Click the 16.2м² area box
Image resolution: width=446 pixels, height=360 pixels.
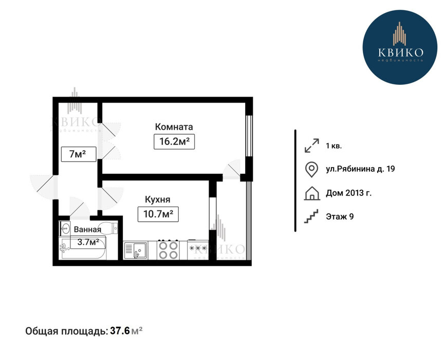pos(174,141)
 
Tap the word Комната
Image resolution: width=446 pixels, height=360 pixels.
pos(174,127)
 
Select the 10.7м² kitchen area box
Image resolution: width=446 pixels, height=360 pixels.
pos(158,214)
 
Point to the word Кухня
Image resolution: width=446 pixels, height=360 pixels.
pos(158,200)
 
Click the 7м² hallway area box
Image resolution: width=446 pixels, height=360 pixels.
pos(79,154)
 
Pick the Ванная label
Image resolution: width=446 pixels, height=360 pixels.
pos(87,229)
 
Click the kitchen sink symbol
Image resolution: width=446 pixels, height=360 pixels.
pos(136,251)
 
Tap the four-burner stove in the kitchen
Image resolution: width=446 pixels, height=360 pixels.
pos(169,250)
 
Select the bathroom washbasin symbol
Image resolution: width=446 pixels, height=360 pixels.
pos(65,228)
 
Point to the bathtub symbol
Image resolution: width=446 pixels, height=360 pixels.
pos(83,247)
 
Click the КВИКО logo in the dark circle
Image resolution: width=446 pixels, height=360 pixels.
pos(400,47)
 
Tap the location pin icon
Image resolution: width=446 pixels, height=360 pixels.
pos(311,170)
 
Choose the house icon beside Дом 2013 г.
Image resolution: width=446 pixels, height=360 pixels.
pos(312,193)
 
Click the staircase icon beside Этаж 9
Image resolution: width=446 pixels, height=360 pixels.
pos(311,217)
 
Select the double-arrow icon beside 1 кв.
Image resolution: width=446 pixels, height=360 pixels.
pos(312,146)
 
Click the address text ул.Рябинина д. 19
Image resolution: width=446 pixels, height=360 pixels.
pos(360,169)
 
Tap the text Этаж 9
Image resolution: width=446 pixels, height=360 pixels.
pos(340,217)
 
